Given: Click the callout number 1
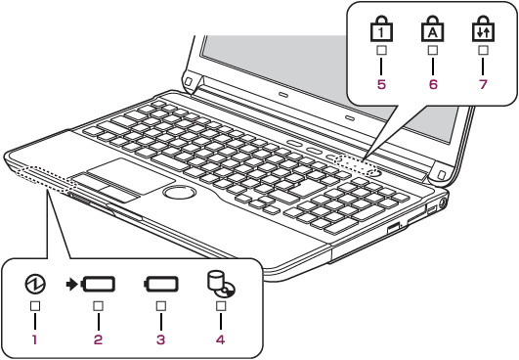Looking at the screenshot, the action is pos(34,339).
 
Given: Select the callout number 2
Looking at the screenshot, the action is pos(98,339).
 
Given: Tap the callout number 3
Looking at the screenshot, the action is pos(161,339).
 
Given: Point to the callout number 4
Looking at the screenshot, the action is pos(221,339).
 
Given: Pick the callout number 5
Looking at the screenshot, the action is pos(381,84).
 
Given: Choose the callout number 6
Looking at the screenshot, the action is pos(433,84).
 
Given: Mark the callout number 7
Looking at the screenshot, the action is pos(483,84).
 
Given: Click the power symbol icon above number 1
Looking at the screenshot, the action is pos(35,284).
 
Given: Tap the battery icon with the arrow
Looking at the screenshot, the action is pos(91,284).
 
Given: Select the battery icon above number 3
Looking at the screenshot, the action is pos(161,284).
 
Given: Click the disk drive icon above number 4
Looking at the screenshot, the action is pos(221,284).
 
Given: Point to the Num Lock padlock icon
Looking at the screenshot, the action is pos(381,28).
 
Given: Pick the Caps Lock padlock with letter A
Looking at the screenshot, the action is pos(433,28).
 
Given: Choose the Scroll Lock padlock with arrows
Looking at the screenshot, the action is pos(483,28).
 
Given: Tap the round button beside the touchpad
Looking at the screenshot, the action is pos(180,193).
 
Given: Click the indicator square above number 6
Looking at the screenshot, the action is pos(433,50).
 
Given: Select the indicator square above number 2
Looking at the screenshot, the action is pos(98,306).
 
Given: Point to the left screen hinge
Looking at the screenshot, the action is pos(192,82).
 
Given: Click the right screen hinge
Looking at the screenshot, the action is pos(440,172).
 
